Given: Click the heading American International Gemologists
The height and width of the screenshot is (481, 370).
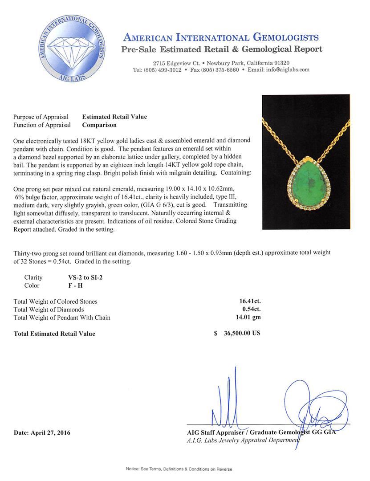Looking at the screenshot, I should [221, 37].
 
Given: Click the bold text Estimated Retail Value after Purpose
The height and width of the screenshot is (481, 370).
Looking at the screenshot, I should [114, 117].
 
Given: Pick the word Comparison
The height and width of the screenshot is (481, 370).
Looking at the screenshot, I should [99, 125].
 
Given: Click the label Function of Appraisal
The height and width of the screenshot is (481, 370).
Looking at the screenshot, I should [42, 125].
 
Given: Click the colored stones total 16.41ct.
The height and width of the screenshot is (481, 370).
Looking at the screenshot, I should [249, 302].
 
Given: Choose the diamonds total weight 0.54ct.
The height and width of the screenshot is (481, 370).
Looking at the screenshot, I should [251, 310].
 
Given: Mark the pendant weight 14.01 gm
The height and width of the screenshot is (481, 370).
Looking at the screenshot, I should [250, 318].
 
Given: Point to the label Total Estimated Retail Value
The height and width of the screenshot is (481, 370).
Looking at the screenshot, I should [54, 334].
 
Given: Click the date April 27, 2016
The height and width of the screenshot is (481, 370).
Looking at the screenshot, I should [42, 432].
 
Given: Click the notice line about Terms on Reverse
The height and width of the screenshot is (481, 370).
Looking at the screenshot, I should [185, 469].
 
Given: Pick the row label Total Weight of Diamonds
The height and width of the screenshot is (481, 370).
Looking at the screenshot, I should [49, 310].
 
